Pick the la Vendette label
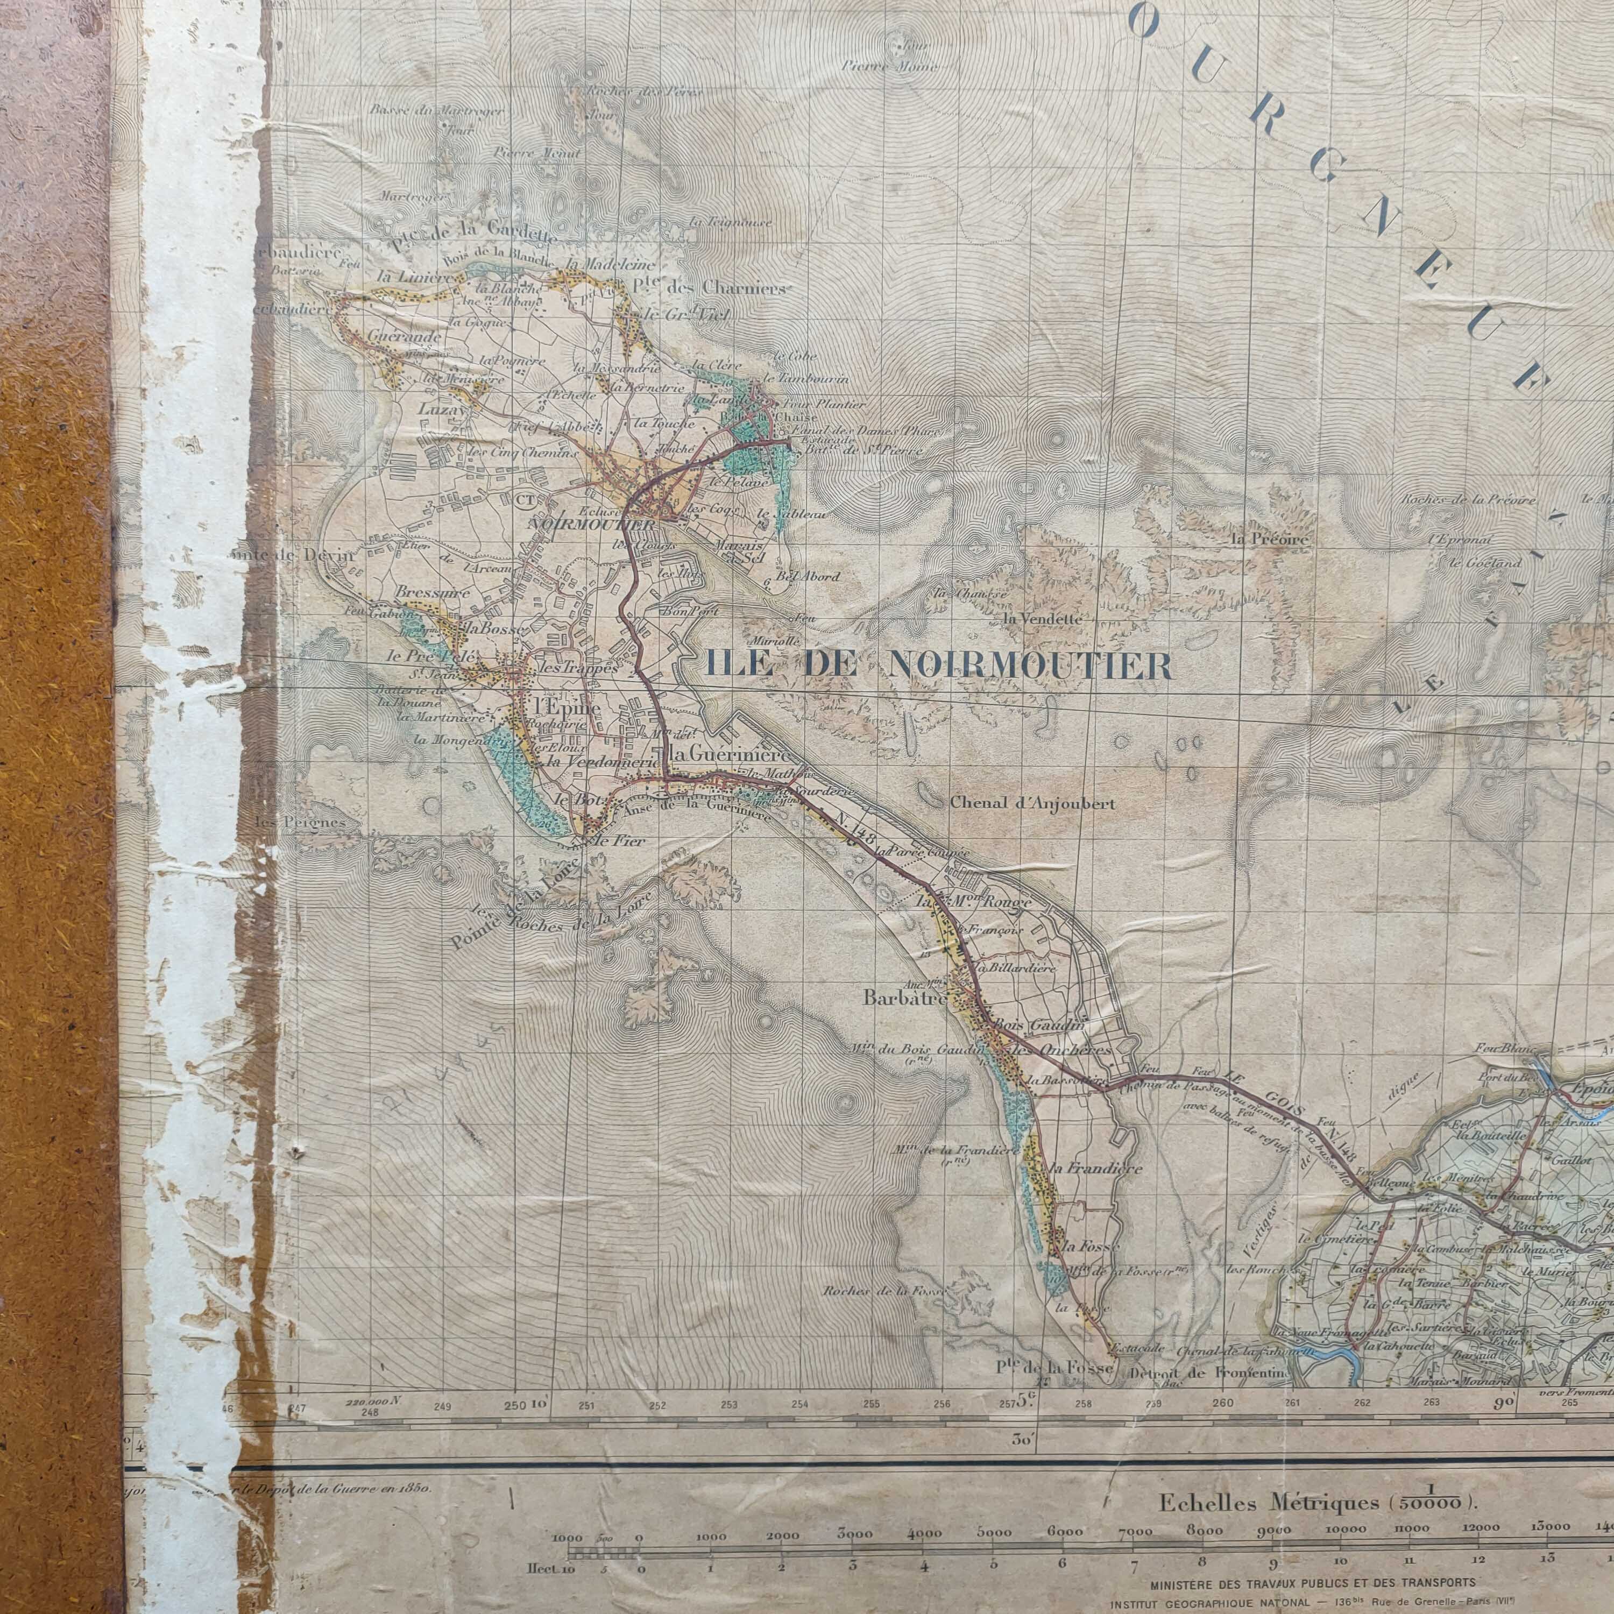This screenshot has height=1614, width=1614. click(x=1043, y=619)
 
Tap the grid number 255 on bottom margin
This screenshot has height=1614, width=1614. click(x=872, y=1404)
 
